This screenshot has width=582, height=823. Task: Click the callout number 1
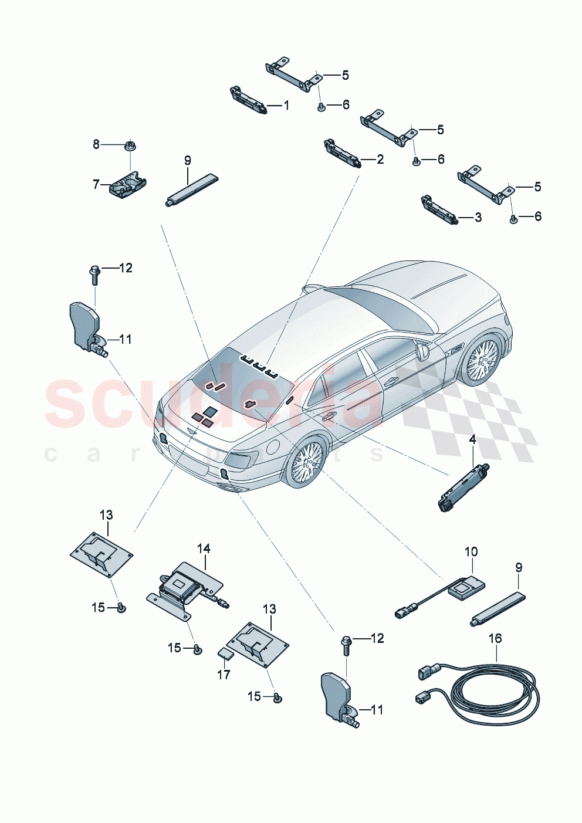coord(286,106)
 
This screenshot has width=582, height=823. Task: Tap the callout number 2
coord(380,159)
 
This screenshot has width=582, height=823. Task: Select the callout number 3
coord(478,218)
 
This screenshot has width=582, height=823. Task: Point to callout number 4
coord(472,439)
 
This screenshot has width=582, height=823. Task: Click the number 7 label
coord(96,184)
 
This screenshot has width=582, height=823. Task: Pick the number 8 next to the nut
coord(96,144)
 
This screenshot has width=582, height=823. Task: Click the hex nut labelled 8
coord(130,144)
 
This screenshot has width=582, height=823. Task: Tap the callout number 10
coord(471,551)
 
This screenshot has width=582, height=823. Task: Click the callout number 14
coord(204,548)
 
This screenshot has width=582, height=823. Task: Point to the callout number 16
coord(496,638)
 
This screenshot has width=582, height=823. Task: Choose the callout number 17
coord(224,675)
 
